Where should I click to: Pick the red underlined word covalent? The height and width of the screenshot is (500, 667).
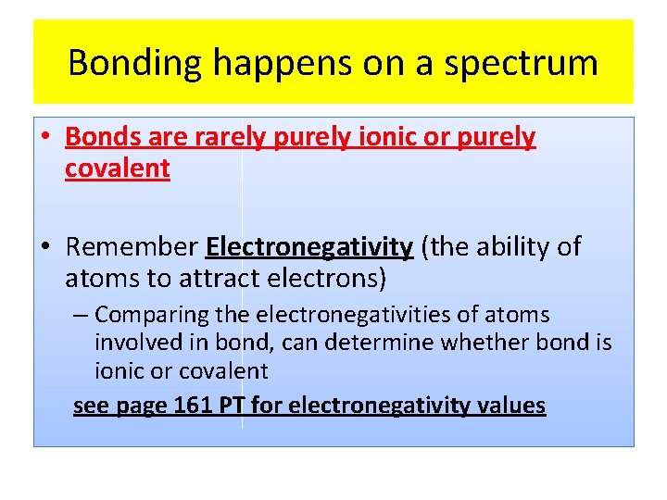tap(118, 169)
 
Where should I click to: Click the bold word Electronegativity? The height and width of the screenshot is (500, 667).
tap(309, 247)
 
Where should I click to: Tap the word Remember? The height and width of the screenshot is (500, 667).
tap(132, 247)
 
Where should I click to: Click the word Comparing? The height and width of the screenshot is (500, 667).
tap(153, 316)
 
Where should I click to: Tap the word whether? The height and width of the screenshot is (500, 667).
tap(483, 344)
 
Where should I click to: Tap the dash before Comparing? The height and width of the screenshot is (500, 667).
tap(82, 316)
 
